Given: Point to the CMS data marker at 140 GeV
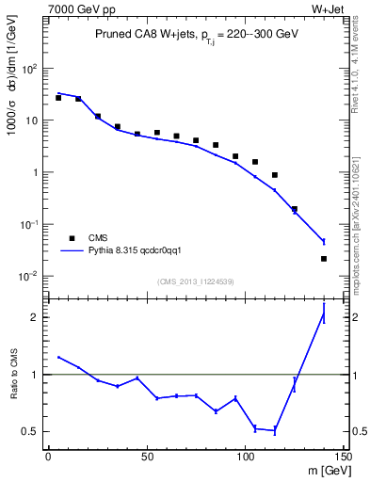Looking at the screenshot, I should [x=324, y=258].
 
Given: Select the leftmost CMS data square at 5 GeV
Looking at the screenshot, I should [x=58, y=98].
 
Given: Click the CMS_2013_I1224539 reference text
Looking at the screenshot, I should [x=195, y=281].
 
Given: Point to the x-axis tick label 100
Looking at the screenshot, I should [x=245, y=457].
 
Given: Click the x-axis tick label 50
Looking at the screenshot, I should [x=147, y=457].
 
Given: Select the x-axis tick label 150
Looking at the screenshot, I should [x=343, y=457].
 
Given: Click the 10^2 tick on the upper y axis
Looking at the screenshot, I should [x=29, y=69].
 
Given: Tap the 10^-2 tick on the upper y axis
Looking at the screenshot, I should [x=29, y=276].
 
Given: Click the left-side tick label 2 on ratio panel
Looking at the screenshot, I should [x=36, y=317].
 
